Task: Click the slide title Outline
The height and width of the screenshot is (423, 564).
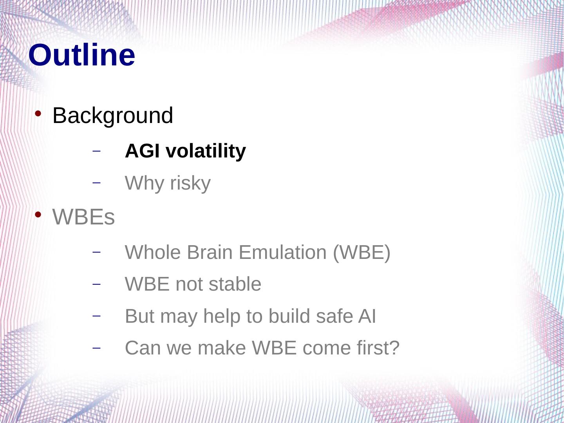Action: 82,55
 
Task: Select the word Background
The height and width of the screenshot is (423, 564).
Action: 113,116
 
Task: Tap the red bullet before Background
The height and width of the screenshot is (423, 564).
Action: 38,113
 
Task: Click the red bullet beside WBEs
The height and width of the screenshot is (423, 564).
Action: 38,215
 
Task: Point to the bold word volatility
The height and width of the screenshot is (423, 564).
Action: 206,151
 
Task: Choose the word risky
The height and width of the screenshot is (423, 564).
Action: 190,183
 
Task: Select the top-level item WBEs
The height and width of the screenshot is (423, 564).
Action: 83,217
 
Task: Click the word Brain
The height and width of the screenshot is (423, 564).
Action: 210,253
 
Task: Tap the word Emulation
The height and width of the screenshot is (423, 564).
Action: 283,253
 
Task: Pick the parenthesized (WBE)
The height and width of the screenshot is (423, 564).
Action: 362,253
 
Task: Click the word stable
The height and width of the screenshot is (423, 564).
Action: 235,284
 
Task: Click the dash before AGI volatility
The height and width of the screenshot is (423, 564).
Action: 96,151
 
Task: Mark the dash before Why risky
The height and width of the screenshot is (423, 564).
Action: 96,183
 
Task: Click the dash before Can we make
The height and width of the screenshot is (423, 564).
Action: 96,348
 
